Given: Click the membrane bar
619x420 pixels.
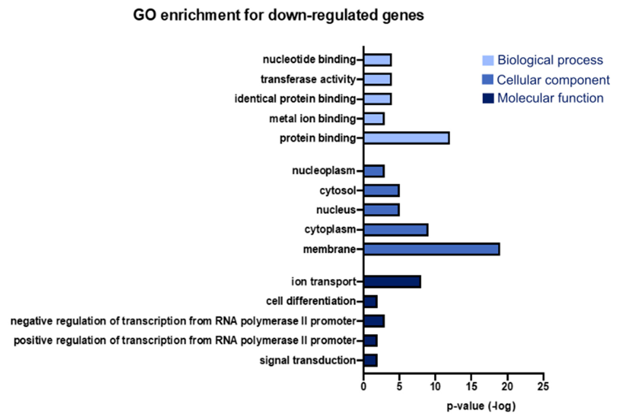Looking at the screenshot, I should (x=431, y=249).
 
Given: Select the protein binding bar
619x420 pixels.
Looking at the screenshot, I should (x=406, y=138).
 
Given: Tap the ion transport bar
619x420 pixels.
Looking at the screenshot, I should (x=392, y=282).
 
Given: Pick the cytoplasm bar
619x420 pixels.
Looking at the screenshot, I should (x=396, y=230).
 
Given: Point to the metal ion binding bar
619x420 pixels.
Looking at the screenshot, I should (x=374, y=119).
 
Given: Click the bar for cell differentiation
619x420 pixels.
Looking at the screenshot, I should (x=370, y=302).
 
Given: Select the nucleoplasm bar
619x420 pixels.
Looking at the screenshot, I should (x=374, y=171).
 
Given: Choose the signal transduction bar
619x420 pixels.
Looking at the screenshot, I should (x=370, y=360).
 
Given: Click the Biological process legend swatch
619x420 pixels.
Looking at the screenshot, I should (x=488, y=60).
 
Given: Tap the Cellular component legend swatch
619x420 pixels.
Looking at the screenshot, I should (x=487, y=80).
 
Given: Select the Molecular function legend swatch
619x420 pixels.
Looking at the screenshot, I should (x=488, y=98).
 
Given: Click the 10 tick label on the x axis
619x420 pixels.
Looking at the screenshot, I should (x=435, y=386).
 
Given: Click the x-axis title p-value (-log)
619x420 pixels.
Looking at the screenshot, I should (x=481, y=406).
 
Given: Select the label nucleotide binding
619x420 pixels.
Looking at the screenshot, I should (x=309, y=60).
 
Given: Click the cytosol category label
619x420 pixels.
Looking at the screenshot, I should (x=337, y=191).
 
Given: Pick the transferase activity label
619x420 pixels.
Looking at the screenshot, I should (x=308, y=79).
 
